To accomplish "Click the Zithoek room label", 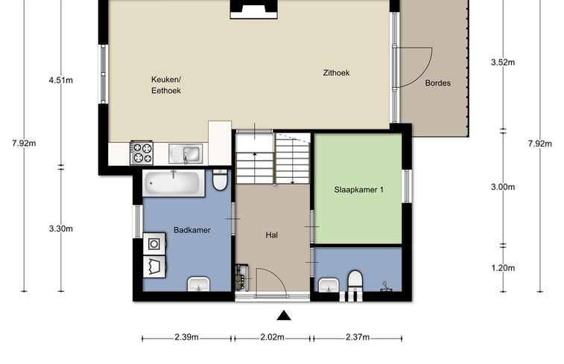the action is pos(336,73).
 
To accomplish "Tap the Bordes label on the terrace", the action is pos(438,83).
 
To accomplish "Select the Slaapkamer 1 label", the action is pos(358,190).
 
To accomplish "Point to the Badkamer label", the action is pos(192,230).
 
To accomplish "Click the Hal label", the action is pos(271,235).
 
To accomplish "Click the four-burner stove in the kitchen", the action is pos(142,153).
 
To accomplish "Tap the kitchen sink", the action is pos(186,154).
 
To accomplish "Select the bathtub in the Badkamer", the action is pos(174,183).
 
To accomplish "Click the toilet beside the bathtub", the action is pos(220,179).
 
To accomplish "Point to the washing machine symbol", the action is pos(154,244).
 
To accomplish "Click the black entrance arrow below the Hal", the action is pos(284,315).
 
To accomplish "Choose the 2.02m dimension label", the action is pos(272,337).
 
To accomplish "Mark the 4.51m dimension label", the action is pos(61,80).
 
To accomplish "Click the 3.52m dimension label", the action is pos(503,63).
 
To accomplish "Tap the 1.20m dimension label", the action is pos(503,268).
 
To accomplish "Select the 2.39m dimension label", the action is pos(187,337).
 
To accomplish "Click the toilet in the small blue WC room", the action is pos(355,281).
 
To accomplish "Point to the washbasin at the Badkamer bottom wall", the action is pos(198,284).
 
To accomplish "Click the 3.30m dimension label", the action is pos(61,229).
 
